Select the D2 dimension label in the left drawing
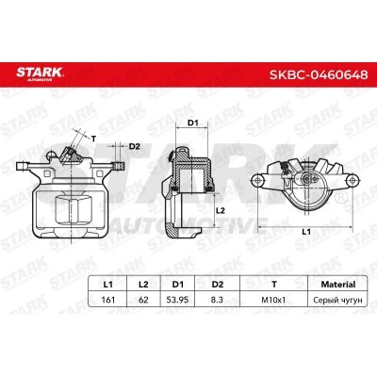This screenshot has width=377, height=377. (134, 146)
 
